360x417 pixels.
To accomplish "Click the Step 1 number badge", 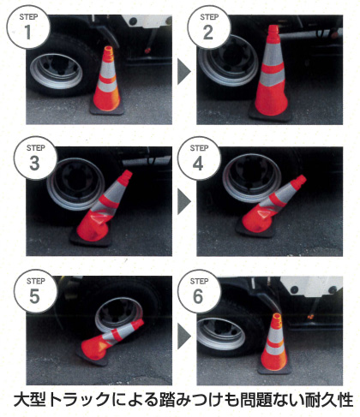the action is click(27, 27).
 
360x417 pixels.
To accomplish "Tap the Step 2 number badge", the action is click(209, 27).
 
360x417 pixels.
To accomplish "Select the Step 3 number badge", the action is click(35, 158).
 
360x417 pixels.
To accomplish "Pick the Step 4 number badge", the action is click(199, 158).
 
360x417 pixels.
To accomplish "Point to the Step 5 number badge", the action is click(35, 291).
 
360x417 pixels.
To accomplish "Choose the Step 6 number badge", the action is click(199, 291).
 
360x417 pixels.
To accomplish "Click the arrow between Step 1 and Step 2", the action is click(184, 71).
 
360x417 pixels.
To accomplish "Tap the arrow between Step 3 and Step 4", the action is click(184, 202).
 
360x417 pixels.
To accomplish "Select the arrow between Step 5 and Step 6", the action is click(184, 336).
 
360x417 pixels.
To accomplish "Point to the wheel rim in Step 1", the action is click(57, 71).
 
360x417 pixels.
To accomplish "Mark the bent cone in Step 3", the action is click(100, 211).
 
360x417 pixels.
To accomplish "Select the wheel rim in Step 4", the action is click(252, 177).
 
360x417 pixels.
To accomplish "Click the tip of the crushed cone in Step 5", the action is click(139, 324).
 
